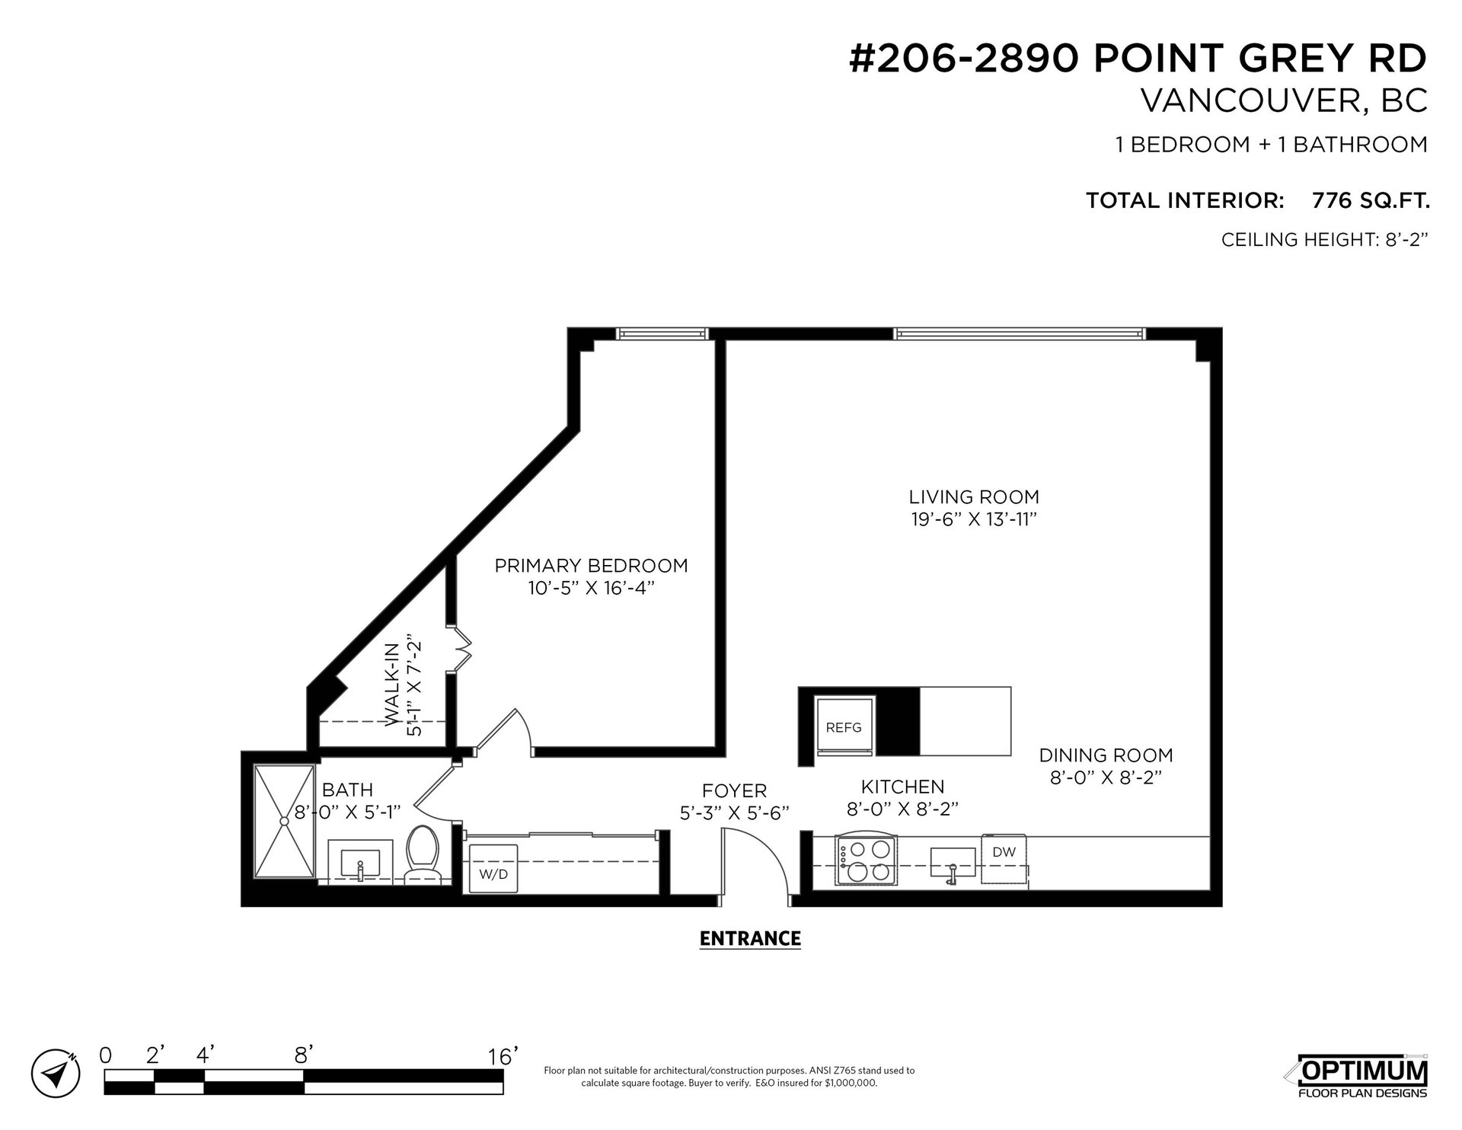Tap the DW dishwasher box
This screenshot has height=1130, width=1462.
(1004, 860)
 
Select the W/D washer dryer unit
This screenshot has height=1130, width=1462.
(493, 868)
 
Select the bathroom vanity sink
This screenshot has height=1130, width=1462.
(360, 861)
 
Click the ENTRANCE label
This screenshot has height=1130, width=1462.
(750, 938)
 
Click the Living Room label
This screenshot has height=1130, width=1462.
(974, 497)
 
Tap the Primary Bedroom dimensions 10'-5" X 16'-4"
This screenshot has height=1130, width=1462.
(591, 589)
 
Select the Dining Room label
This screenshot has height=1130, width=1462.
(1106, 755)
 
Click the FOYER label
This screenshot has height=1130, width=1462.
(734, 791)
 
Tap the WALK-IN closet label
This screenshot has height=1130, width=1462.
(391, 685)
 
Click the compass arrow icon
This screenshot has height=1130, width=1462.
(55, 1074)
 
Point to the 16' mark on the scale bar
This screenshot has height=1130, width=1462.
(503, 1056)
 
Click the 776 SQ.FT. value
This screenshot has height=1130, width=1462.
(1371, 201)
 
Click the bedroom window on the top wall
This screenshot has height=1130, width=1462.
(662, 333)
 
